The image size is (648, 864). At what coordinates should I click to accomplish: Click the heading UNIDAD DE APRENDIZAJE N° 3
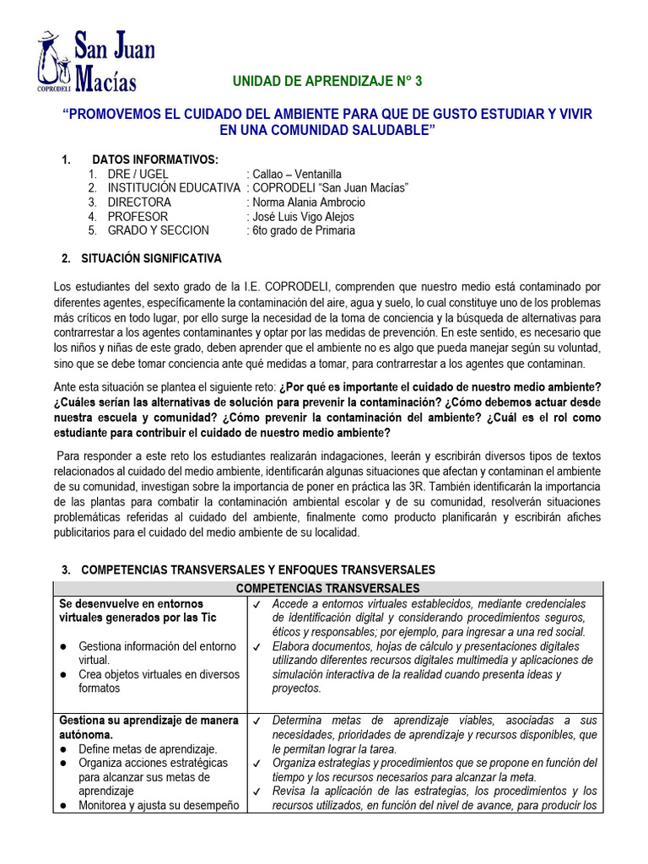(x=326, y=81)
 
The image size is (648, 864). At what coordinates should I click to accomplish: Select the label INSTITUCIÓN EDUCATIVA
(x=174, y=188)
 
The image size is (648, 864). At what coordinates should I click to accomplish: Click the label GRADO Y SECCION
(x=158, y=230)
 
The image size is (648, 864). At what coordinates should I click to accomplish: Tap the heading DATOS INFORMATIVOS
(x=155, y=159)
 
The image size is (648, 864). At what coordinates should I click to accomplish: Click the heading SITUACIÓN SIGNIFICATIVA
(x=151, y=258)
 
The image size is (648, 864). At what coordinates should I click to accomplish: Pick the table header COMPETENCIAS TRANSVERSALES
(x=327, y=588)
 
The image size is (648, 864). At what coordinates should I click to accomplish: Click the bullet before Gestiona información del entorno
(x=64, y=646)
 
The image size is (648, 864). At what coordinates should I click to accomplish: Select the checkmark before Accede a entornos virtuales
(x=256, y=604)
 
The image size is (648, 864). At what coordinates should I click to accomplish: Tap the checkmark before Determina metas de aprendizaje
(x=256, y=721)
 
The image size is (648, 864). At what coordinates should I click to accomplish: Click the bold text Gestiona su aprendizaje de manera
(x=147, y=721)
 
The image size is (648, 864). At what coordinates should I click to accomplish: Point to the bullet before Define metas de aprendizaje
(x=64, y=749)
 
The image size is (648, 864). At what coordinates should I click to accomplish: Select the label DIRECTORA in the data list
(x=139, y=202)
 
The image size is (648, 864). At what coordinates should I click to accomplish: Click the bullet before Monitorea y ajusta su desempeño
(x=64, y=806)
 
